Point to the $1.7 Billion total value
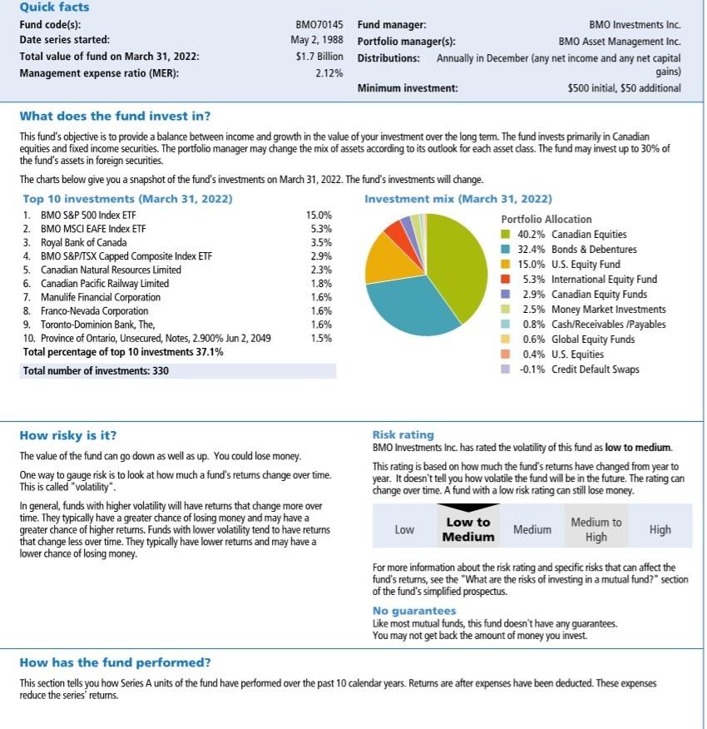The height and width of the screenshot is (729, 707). pyautogui.click(x=319, y=57)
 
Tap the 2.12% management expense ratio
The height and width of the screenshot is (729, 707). pyautogui.click(x=329, y=73)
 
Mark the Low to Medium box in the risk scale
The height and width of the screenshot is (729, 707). pyautogui.click(x=467, y=529)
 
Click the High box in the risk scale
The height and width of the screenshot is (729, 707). pyautogui.click(x=660, y=529)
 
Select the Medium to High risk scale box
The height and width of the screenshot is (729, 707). pyautogui.click(x=596, y=529)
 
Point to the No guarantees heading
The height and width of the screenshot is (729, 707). pyautogui.click(x=414, y=611)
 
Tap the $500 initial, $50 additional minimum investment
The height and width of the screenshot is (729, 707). pyautogui.click(x=623, y=88)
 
